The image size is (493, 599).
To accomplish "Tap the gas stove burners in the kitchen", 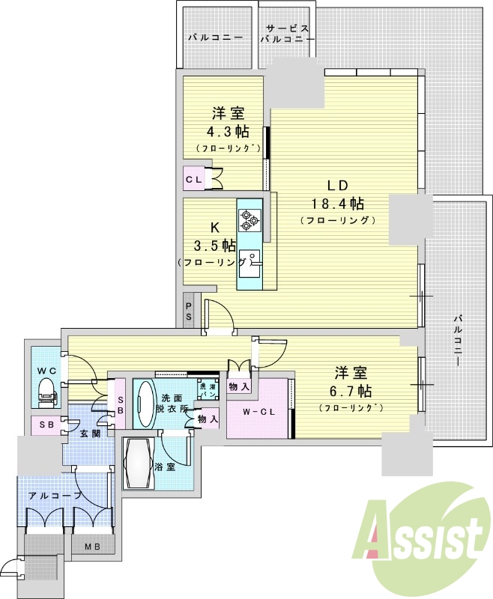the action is (249, 220).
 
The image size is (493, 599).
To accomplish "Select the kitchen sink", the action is (249, 264).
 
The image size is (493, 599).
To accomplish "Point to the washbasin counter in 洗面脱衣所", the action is (144, 404).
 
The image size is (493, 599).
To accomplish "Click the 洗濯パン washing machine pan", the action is (208, 389).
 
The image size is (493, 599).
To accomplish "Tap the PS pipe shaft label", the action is (189, 311).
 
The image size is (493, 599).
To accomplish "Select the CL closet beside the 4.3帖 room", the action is (194, 179).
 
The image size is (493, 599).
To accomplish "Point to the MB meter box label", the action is (92, 547).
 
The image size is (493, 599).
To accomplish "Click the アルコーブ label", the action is (55, 496).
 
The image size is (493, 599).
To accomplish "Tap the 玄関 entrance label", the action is (91, 434).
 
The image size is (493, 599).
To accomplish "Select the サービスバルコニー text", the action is (288, 34).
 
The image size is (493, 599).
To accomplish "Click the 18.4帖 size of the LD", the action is (337, 203).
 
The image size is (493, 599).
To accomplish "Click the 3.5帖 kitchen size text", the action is (214, 246).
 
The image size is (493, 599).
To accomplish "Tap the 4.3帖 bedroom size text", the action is (229, 132).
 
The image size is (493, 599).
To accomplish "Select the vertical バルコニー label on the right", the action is (457, 340).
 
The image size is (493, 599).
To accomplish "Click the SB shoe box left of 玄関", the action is (46, 425).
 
